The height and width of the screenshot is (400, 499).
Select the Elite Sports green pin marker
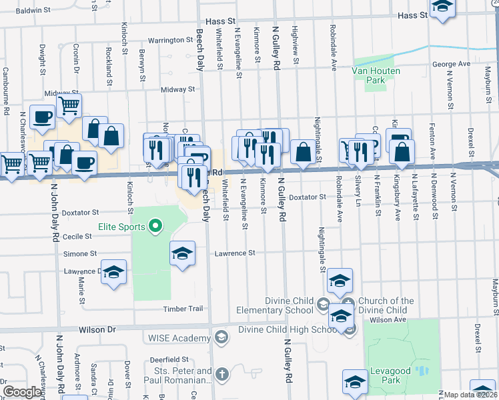pos(155,227)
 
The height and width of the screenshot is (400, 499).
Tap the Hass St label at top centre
pos(217,21)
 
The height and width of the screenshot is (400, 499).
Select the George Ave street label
pos(451,64)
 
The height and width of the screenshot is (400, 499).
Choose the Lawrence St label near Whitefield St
pos(235,253)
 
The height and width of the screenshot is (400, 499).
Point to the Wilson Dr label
pos(97,329)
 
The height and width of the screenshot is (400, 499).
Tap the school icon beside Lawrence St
pos(182,253)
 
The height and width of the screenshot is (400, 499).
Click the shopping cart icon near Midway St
pos(69,105)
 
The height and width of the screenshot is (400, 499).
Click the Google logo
pos(22,392)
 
